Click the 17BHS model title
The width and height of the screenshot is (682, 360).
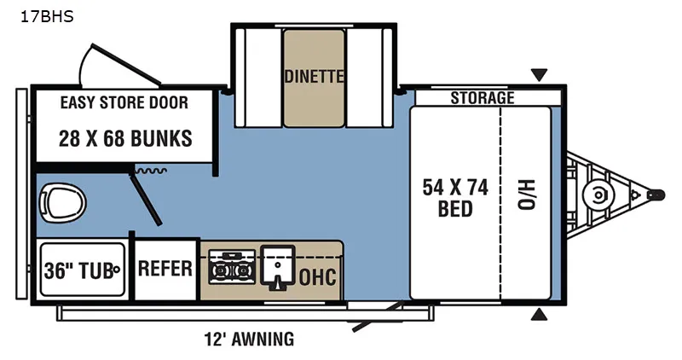(47, 16)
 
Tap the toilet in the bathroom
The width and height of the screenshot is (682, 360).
(62, 202)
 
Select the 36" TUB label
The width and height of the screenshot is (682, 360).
(78, 270)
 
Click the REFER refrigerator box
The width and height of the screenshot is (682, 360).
(165, 269)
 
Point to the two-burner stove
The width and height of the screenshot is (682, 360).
(232, 267)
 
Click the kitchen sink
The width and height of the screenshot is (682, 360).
(278, 267)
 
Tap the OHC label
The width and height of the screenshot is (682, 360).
(317, 277)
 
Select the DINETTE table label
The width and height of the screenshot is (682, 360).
(314, 77)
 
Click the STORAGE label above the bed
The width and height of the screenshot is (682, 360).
(483, 98)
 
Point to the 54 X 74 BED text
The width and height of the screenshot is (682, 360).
(455, 198)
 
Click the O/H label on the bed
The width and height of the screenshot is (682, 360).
(527, 195)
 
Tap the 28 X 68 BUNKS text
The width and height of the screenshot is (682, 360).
(125, 139)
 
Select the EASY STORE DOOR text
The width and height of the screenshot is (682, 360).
(124, 102)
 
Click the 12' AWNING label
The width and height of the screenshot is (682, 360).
(249, 339)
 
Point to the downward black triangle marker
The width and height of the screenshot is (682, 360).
(539, 75)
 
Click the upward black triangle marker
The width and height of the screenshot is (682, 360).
(539, 314)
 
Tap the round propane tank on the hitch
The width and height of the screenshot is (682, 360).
(599, 195)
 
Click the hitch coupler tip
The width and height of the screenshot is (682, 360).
(656, 195)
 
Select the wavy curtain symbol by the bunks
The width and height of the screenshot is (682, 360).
(151, 171)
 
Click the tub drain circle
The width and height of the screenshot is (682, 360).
(116, 270)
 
